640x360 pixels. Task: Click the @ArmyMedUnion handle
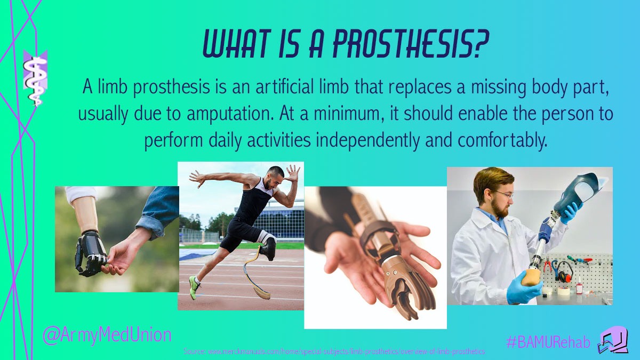click(107, 335)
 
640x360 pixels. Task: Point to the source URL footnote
click(334, 351)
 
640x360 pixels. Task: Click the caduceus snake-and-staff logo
click(35, 78)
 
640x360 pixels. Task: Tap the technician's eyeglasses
click(503, 194)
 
